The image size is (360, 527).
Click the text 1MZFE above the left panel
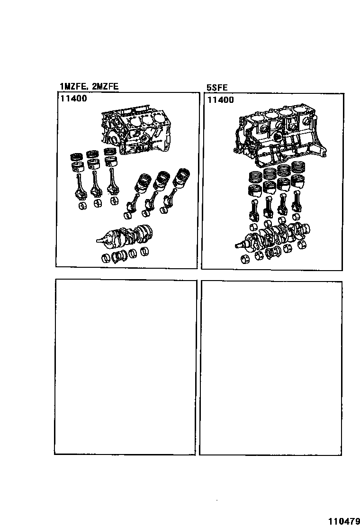[72, 86]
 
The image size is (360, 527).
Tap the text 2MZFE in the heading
[102, 86]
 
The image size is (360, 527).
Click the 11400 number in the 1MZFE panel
[73, 99]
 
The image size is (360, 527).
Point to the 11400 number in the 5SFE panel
[221, 100]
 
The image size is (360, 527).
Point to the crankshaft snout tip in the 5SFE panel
[238, 246]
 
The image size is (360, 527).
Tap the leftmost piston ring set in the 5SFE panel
[256, 179]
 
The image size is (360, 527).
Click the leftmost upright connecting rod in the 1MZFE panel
[79, 186]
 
